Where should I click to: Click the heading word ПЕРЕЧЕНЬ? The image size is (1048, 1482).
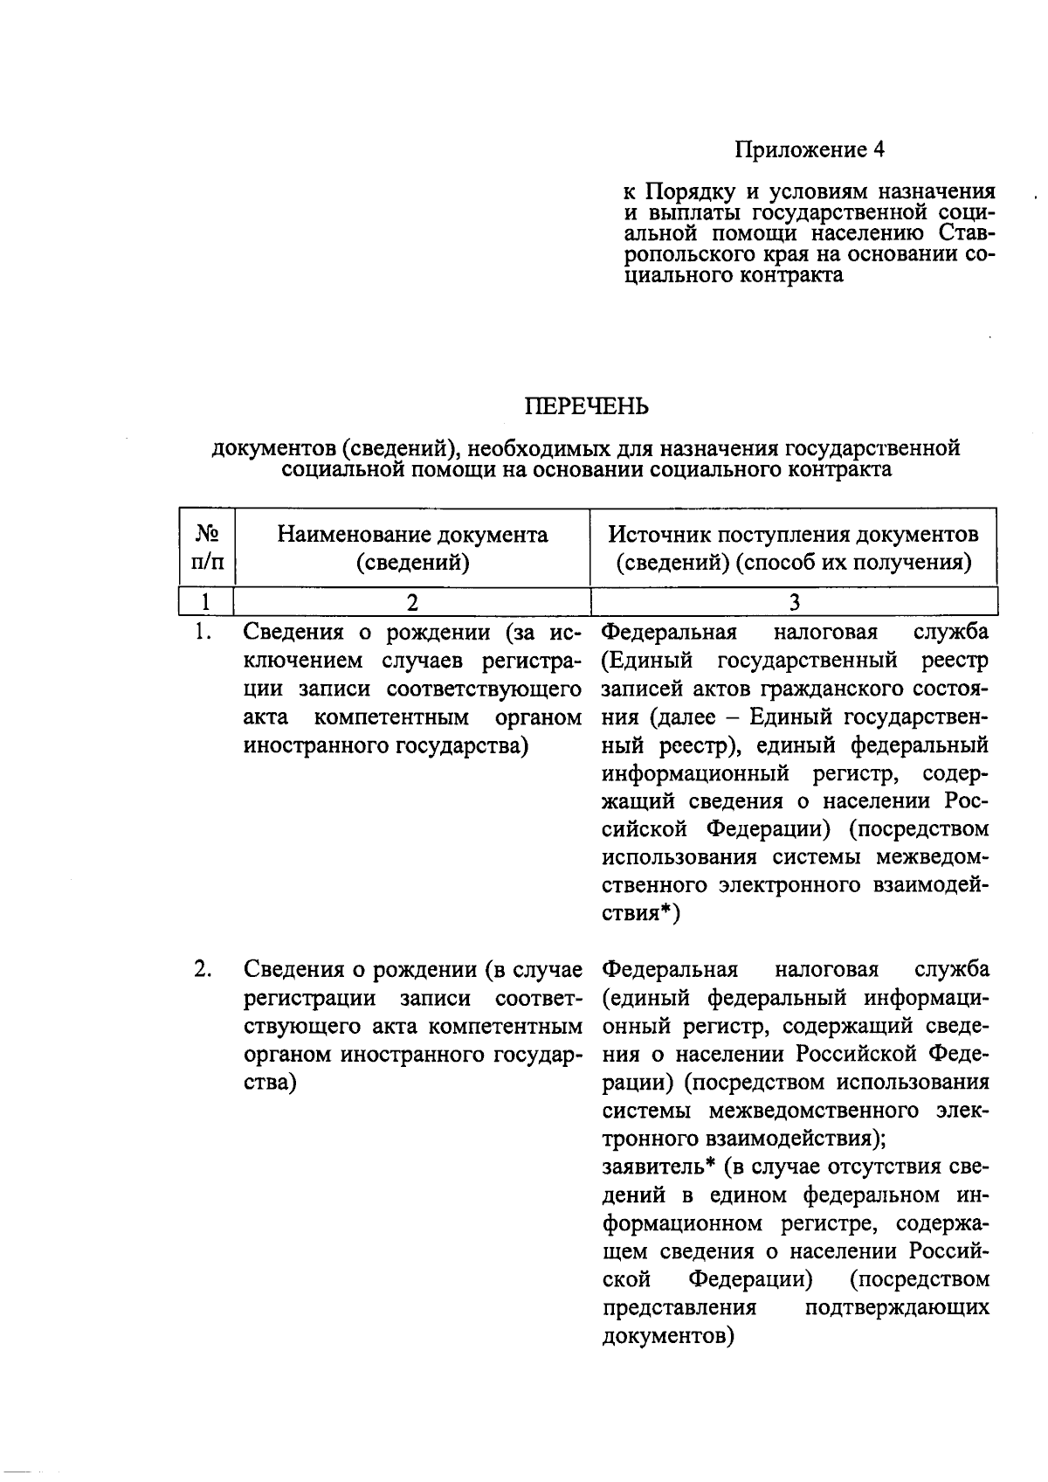point(586,406)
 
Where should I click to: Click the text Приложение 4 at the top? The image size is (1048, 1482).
point(809,150)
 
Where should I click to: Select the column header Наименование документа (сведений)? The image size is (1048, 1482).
point(412,547)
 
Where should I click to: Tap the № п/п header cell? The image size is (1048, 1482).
point(207,547)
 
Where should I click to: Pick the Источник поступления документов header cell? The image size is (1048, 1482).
point(793,547)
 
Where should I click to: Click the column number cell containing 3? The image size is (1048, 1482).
point(794,602)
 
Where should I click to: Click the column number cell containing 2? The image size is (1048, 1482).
point(412,602)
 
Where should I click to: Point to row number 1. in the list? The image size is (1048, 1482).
point(203,631)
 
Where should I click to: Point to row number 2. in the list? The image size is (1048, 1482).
point(203,969)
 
